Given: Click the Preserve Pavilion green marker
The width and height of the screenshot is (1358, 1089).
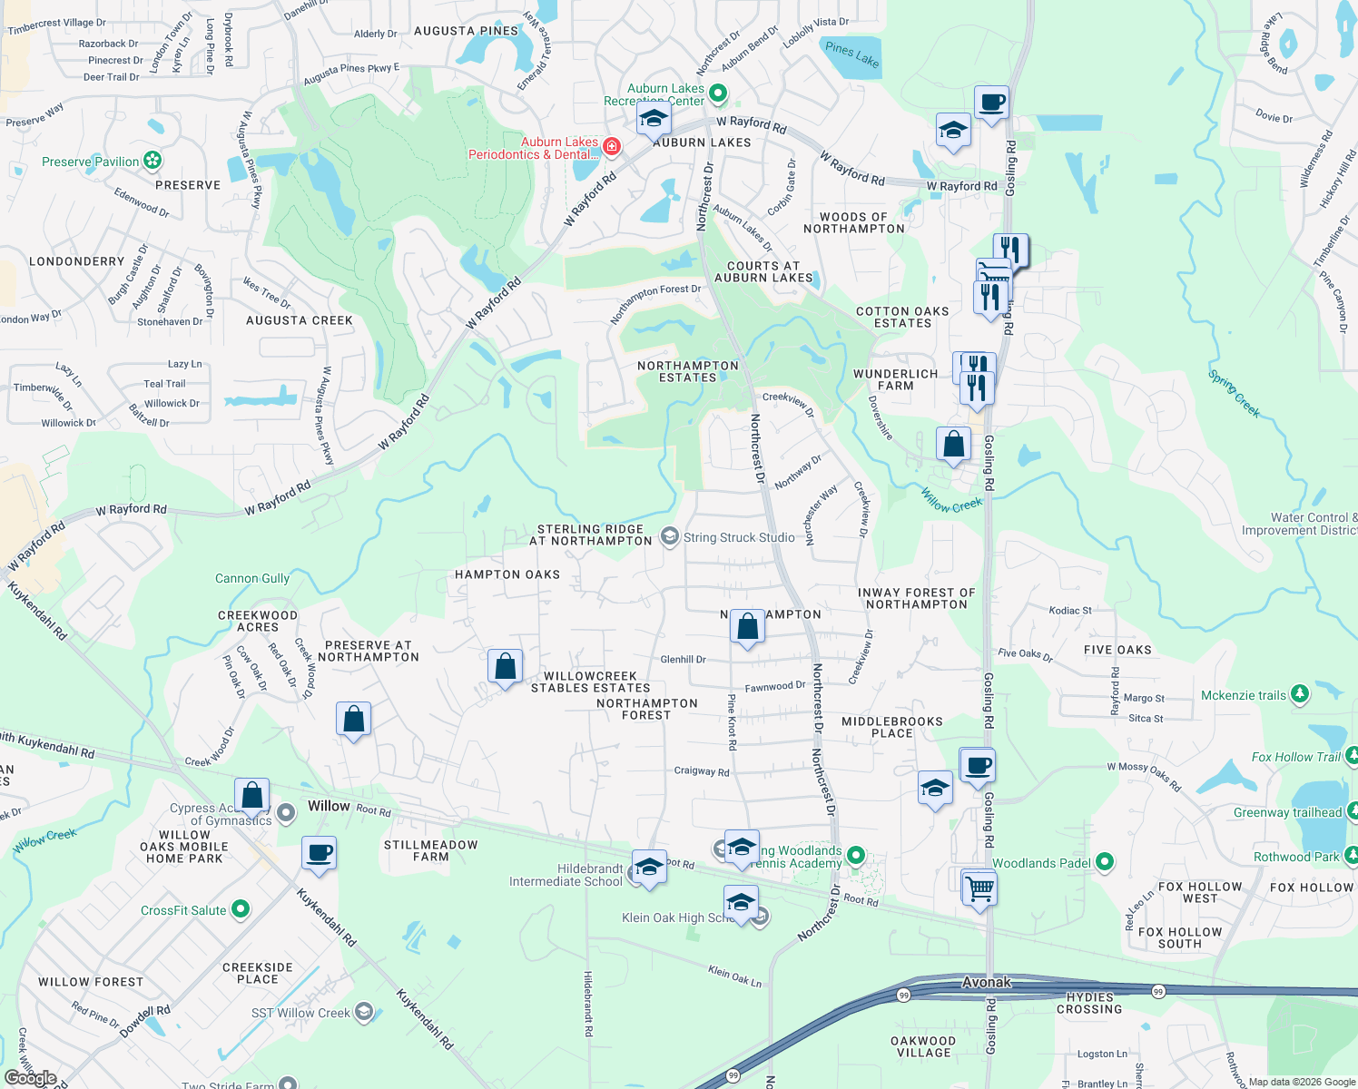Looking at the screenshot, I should click(x=152, y=162).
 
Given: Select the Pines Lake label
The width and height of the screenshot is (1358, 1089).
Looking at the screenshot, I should click(x=851, y=54).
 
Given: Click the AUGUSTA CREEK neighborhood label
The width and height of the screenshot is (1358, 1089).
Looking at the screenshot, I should click(x=300, y=320).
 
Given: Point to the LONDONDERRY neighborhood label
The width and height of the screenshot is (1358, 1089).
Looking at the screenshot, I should click(x=77, y=261).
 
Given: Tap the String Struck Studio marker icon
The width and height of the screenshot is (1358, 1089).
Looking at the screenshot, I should click(x=669, y=537).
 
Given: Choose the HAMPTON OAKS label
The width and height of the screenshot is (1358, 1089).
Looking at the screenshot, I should click(x=507, y=574).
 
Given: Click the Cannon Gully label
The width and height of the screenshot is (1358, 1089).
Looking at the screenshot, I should click(x=252, y=578).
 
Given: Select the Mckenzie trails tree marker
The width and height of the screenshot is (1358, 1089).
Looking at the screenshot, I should click(x=1300, y=695).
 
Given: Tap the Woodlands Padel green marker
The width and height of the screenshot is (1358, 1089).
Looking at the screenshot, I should click(x=1104, y=862).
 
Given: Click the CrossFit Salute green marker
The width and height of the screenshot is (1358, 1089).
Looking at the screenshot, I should click(x=240, y=909).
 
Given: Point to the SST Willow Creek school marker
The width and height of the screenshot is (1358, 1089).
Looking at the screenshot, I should click(x=364, y=1012).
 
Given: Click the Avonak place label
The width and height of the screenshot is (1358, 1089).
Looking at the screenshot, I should click(x=986, y=982).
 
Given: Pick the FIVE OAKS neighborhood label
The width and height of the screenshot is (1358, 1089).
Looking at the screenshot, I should click(x=1117, y=650).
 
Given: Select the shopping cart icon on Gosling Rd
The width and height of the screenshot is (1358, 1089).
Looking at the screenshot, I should click(x=979, y=887).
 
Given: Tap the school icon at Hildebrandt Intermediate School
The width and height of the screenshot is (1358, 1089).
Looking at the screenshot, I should click(x=648, y=868).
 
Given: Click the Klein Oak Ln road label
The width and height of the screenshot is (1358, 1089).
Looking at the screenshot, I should click(x=734, y=976).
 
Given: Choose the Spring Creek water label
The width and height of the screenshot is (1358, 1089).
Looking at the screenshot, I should click(x=1234, y=393).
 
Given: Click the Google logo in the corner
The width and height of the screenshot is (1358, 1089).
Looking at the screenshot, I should click(x=31, y=1077).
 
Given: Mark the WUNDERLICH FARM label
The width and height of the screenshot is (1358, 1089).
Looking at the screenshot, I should click(x=895, y=379).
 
